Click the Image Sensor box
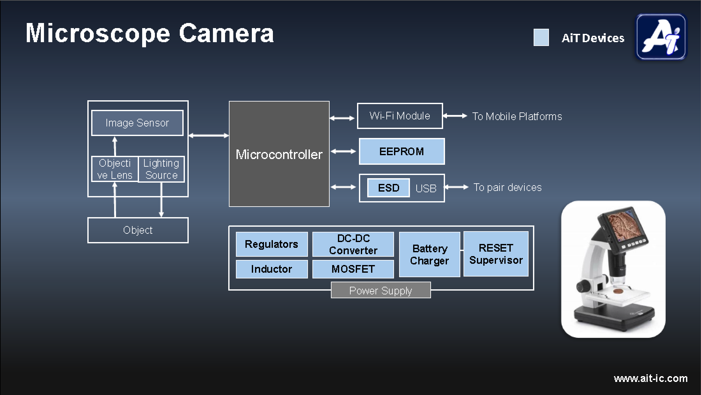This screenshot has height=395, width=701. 137,123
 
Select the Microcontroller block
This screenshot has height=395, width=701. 279,154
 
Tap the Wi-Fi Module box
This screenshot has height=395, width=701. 400,116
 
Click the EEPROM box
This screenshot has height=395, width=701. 402,151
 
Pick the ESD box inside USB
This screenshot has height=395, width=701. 388,188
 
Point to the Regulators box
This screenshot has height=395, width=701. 272,244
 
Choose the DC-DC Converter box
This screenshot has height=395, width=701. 353,244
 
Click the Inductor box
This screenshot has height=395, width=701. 272,269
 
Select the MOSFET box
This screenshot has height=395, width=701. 353,269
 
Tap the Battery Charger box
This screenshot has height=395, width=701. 429,254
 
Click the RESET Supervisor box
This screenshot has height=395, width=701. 496,254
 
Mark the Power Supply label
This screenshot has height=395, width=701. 381,290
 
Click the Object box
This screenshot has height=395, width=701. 138,230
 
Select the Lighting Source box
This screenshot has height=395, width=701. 161,169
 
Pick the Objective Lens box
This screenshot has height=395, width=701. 115,169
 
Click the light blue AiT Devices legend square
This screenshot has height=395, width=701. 541,37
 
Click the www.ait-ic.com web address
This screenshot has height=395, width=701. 651,378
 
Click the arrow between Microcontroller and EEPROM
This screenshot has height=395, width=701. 343,151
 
